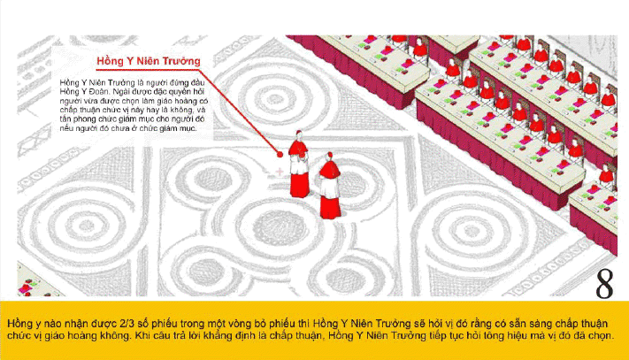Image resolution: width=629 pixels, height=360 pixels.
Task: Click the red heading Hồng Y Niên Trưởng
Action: point(149,61)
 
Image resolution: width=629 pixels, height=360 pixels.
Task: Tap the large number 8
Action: point(604,284)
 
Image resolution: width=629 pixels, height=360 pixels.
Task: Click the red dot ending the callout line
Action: point(280,154)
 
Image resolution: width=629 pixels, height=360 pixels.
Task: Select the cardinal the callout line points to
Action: point(299,164)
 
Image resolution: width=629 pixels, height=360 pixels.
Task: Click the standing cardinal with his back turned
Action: point(330,186)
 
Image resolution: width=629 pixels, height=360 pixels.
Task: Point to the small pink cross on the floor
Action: point(280,172)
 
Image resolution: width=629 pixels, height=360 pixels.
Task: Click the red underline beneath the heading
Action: point(149,70)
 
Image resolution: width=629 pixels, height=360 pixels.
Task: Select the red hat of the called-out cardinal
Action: point(298,133)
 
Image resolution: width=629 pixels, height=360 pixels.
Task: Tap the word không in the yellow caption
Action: point(120,335)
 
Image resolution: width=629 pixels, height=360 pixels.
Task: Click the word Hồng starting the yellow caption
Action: point(18,323)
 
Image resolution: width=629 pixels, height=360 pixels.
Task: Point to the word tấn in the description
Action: point(65,119)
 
